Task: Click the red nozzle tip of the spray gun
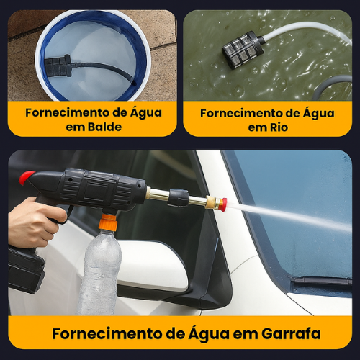[x=222, y=204]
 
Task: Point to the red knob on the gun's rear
[x=26, y=177]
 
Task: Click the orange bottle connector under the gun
[x=108, y=222]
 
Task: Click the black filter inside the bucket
[x=60, y=66]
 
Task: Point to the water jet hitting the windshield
[x=288, y=216]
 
